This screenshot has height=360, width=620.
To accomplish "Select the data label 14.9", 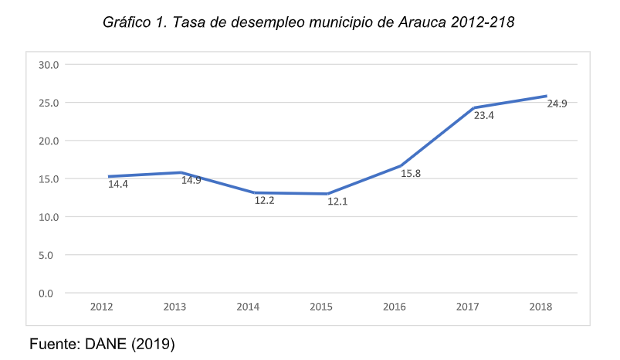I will (x=191, y=181).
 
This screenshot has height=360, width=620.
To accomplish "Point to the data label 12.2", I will (x=265, y=200).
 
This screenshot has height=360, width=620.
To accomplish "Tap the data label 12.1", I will (x=338, y=201).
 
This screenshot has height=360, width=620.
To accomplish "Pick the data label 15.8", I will (x=411, y=174).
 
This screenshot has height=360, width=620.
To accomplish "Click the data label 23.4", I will (x=484, y=116).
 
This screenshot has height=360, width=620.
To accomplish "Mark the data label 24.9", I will (x=557, y=104).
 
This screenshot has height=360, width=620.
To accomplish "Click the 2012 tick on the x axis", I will (x=102, y=307).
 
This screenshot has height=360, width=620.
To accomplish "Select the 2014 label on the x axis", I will (x=248, y=307).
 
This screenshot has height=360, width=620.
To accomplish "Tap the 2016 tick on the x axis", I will (x=395, y=307).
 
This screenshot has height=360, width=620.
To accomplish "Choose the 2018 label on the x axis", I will (x=540, y=307).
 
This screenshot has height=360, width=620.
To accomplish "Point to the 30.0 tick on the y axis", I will (x=49, y=65).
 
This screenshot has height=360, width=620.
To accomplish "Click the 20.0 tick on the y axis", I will (x=49, y=141).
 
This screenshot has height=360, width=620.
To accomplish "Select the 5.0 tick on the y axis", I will (x=51, y=255).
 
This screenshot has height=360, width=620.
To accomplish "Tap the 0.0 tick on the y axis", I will (x=51, y=293).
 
